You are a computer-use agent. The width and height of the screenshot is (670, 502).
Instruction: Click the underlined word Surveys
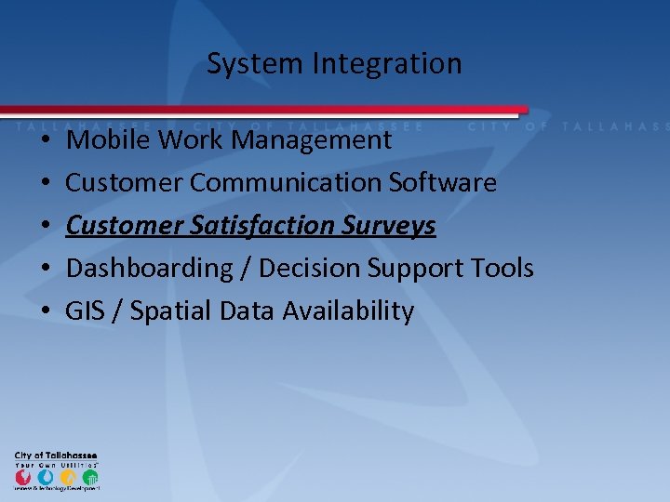(390, 226)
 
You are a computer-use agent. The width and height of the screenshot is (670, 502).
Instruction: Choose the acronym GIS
(86, 311)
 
